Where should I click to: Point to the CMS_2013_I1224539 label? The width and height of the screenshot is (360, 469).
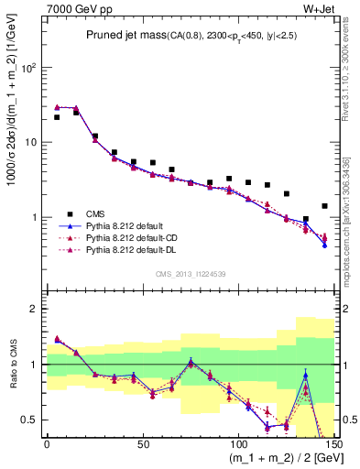[x=190, y=273]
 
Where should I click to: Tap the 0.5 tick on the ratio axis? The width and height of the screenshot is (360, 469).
[x=31, y=420]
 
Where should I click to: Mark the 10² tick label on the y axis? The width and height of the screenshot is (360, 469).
[x=29, y=68]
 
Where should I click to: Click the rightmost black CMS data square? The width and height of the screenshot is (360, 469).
[x=324, y=206]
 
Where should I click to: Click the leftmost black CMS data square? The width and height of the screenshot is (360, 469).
[x=57, y=117]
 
